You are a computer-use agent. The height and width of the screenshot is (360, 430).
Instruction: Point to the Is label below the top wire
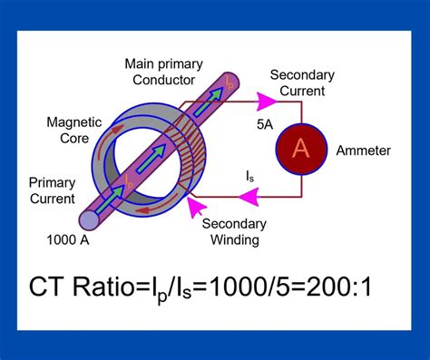click(x=249, y=175)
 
